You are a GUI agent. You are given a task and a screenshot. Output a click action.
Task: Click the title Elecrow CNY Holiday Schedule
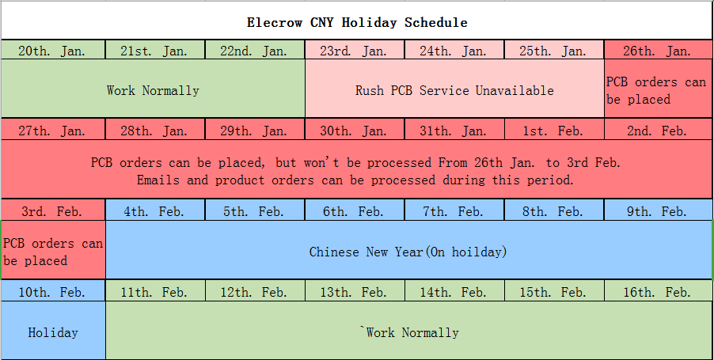point(357,22)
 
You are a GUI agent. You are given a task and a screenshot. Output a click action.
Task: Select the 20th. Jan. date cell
point(53,50)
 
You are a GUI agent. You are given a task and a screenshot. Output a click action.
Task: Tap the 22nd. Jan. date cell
point(255,50)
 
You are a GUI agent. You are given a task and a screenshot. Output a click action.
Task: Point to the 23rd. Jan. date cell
point(355,50)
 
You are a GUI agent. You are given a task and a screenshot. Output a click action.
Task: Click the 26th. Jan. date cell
point(659,50)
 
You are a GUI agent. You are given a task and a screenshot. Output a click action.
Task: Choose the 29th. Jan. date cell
point(255,130)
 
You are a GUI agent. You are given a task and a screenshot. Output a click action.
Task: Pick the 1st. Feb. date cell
point(554,130)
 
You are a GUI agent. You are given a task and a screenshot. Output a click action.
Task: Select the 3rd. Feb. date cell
point(53,210)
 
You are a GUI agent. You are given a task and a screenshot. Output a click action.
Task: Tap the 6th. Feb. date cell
point(355,210)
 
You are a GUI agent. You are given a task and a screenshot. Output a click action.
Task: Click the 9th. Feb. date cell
point(659,210)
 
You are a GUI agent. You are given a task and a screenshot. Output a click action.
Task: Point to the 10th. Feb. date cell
point(53,291)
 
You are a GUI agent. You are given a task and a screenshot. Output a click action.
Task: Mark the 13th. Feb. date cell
point(355,291)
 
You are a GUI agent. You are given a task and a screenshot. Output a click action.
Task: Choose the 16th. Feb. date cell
point(659,291)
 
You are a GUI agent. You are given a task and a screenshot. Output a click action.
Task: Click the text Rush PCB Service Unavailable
point(454,90)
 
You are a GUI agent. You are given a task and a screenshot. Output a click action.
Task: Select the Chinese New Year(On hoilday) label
point(408,252)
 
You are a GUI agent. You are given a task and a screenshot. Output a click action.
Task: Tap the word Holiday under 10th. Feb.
point(53,332)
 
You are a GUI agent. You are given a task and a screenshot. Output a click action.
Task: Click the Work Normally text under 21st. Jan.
point(153,90)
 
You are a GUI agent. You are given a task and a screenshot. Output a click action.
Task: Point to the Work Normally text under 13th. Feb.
point(410,332)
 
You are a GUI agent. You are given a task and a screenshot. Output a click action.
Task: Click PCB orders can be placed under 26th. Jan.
point(656,90)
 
